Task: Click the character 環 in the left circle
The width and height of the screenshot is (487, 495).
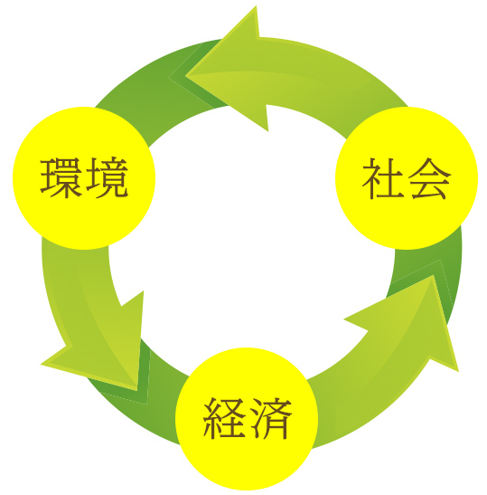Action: pyautogui.click(x=61, y=177)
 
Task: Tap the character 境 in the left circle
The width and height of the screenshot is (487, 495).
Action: pyautogui.click(x=108, y=177)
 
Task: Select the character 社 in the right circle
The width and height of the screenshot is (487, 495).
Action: pyautogui.click(x=383, y=178)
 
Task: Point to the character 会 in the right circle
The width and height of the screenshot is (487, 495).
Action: pyautogui.click(x=430, y=178)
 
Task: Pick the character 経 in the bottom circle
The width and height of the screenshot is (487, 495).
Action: pyautogui.click(x=224, y=418)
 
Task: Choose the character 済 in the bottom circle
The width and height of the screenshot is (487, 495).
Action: pyautogui.click(x=271, y=418)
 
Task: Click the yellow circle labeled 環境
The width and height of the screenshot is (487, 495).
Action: pyautogui.click(x=84, y=178)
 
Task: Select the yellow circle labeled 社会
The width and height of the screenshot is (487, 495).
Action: pyautogui.click(x=407, y=178)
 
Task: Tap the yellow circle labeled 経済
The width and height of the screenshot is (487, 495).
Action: pyautogui.click(x=247, y=419)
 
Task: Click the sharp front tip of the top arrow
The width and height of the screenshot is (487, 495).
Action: pyautogui.click(x=186, y=76)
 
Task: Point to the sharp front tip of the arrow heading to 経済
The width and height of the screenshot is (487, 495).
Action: pyautogui.click(x=136, y=389)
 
